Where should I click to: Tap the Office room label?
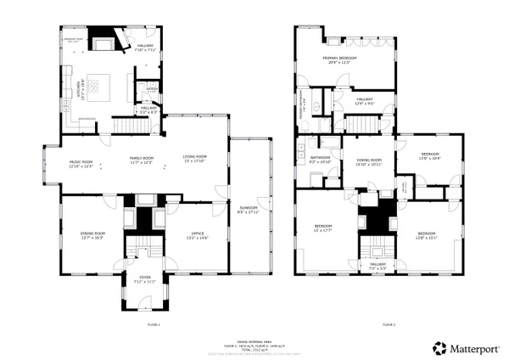pos(197,237)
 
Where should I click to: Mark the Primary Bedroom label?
pos(339,60)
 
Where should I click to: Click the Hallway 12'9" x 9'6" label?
pos(365,101)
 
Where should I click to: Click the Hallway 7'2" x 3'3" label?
pos(378,267)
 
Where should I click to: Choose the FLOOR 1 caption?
pos(154,324)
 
